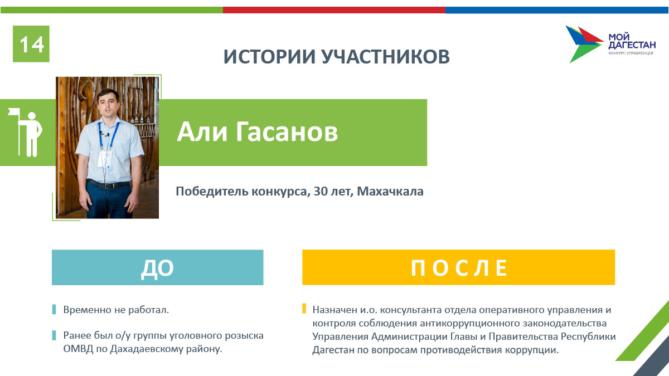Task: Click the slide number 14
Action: (x=32, y=45)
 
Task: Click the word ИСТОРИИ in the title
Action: (x=269, y=56)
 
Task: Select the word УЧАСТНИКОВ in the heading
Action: (x=386, y=56)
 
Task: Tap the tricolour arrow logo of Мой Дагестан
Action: (x=584, y=44)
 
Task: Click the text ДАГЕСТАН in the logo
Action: (x=632, y=45)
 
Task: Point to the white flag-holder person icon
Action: (x=26, y=132)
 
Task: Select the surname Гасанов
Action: (x=287, y=131)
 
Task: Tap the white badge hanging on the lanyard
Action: (x=104, y=159)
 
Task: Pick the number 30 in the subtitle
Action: (x=321, y=191)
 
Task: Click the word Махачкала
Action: (x=390, y=191)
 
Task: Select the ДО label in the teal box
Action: (x=157, y=268)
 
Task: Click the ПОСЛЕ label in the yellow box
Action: (x=459, y=268)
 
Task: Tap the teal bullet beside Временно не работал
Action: (x=54, y=310)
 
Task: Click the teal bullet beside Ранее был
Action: (x=54, y=335)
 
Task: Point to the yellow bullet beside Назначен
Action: (x=304, y=308)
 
